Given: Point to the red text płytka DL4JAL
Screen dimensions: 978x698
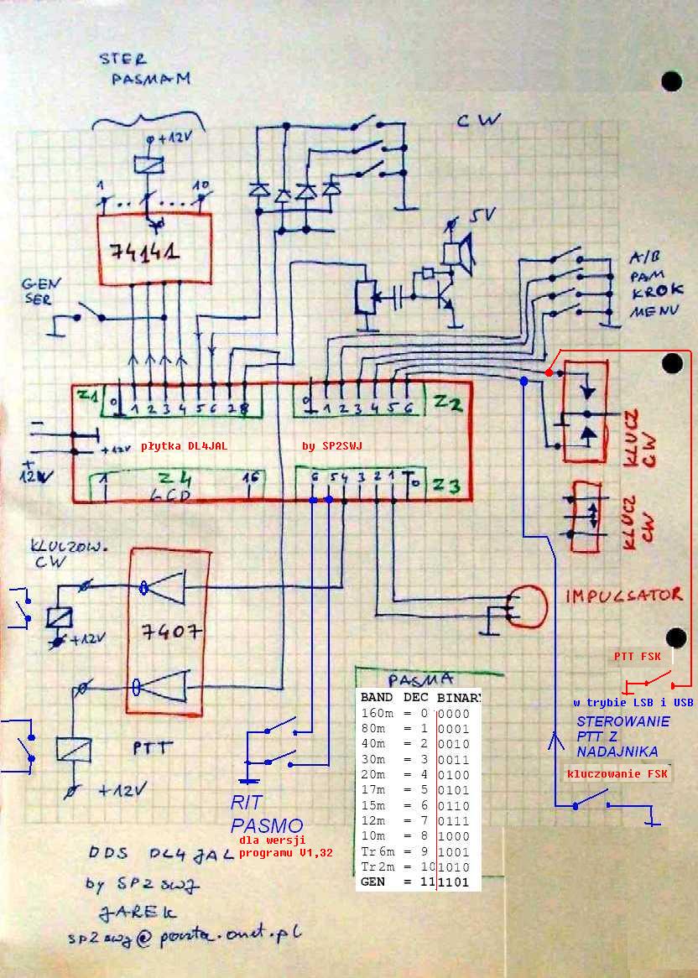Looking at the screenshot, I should point(184,446).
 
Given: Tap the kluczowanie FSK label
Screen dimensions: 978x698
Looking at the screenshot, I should point(617,774).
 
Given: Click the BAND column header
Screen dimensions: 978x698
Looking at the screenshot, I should point(377,697).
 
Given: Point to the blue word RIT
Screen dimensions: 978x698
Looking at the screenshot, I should point(249,804).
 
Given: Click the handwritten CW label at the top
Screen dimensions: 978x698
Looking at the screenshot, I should point(479,120).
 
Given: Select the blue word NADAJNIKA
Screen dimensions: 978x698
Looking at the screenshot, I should point(617,752).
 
